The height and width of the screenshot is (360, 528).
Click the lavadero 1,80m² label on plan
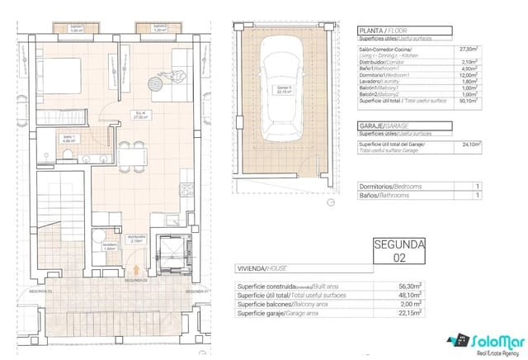click(x=109, y=246)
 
